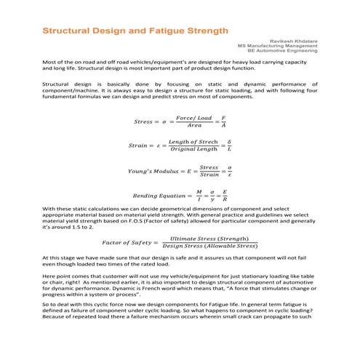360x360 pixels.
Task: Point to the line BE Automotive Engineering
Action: click(x=287, y=52)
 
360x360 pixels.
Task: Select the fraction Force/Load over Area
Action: click(x=195, y=121)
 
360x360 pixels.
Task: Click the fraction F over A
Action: click(x=223, y=121)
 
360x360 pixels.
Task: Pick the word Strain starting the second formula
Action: click(x=141, y=145)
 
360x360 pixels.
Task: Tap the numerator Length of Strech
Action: click(x=193, y=141)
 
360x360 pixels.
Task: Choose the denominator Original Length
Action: click(x=193, y=150)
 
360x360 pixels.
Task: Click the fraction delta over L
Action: click(x=230, y=145)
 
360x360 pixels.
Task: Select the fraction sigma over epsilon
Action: click(x=229, y=172)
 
